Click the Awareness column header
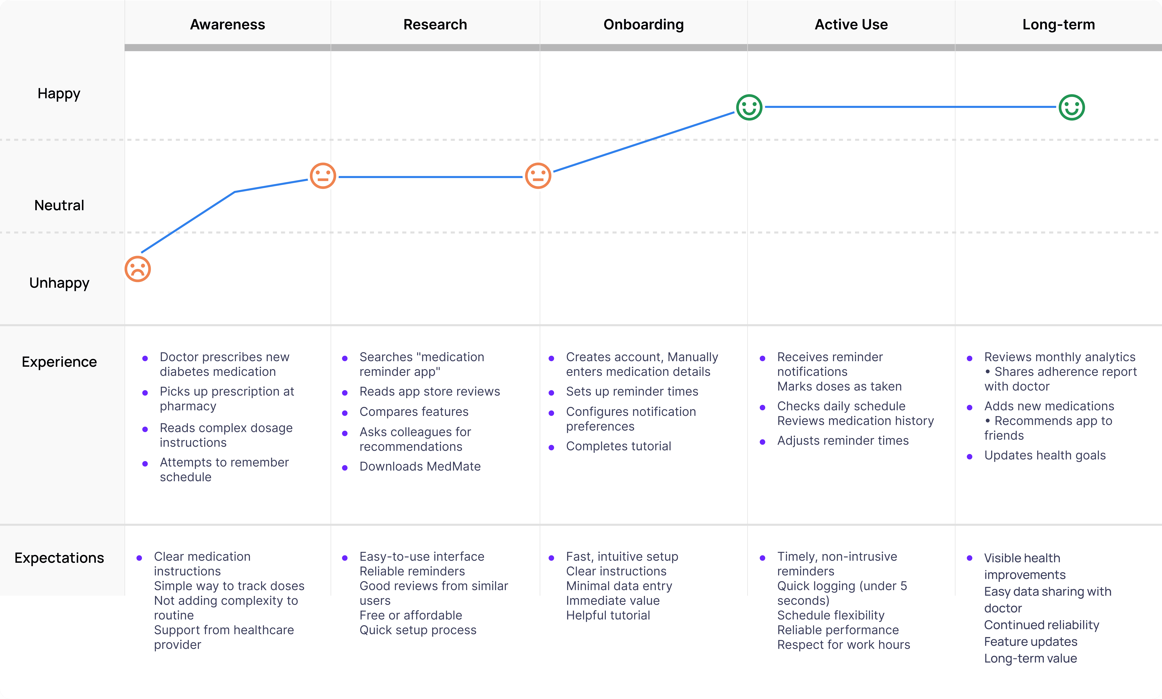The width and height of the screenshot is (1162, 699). pos(227,24)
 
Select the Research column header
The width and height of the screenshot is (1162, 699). pos(435,24)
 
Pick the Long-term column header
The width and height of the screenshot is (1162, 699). pos(1058,24)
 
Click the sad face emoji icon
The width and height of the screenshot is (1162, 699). pos(137,269)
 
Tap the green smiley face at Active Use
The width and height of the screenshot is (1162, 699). pos(749,107)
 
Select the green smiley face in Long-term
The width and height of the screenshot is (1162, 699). pos(1072,107)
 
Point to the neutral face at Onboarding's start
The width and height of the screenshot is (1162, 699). pos(538,176)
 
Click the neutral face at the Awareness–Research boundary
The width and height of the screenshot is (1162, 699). pos(323,176)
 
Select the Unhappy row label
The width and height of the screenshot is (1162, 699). pos(59,283)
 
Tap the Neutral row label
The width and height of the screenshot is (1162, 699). pos(59,205)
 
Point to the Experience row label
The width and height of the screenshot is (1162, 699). pos(59,362)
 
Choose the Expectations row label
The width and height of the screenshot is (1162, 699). pos(59,558)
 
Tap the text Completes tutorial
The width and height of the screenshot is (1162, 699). pos(618,446)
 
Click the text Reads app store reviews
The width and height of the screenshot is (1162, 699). pos(429,391)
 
